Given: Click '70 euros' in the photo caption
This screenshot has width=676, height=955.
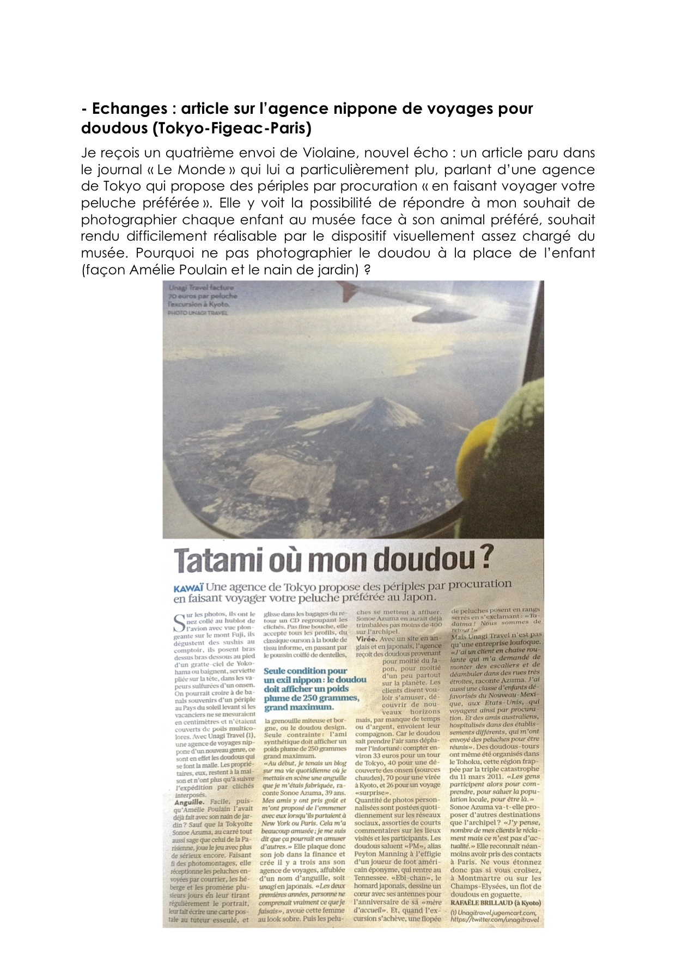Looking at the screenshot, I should (184, 296).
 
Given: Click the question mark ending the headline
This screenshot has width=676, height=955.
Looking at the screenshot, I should (488, 558).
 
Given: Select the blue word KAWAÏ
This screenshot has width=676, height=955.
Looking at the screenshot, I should (188, 589).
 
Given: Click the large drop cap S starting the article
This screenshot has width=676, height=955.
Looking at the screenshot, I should (179, 623).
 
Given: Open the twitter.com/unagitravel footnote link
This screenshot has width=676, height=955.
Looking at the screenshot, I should (495, 919).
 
